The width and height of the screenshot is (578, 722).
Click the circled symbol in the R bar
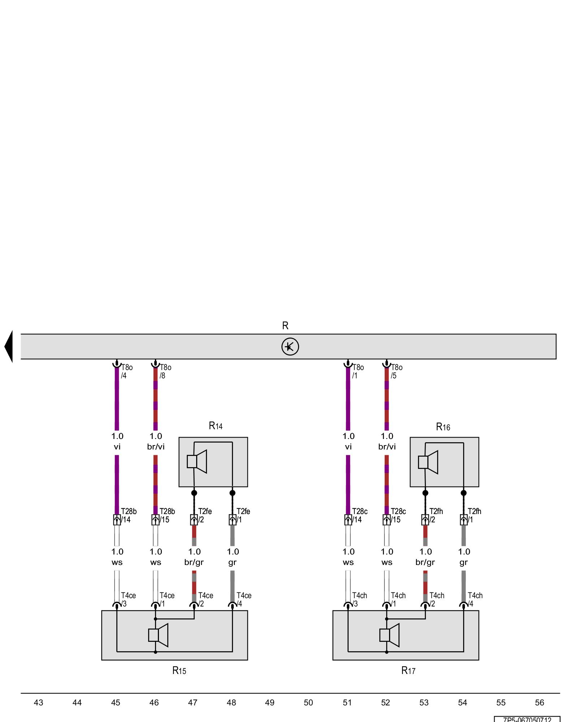click(290, 347)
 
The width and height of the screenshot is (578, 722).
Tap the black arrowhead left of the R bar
click(9, 347)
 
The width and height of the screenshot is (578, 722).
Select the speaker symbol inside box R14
click(197, 461)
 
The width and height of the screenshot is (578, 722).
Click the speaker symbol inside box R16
click(428, 462)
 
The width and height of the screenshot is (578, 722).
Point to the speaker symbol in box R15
click(158, 635)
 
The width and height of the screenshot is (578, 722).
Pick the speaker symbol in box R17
click(389, 635)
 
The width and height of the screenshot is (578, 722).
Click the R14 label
click(216, 426)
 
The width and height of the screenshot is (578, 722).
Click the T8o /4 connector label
click(126, 371)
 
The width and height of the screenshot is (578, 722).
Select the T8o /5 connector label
click(396, 371)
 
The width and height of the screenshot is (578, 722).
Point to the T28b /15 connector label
click(167, 516)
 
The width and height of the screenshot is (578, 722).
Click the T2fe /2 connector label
click(204, 516)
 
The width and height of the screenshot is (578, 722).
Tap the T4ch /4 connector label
click(475, 600)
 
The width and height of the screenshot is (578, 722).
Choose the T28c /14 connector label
click(359, 516)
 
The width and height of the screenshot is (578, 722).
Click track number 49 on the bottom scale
click(270, 703)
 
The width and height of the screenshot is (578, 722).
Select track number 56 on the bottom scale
click(539, 703)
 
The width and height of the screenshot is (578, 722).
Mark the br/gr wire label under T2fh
click(425, 562)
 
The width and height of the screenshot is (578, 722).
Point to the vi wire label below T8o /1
click(348, 447)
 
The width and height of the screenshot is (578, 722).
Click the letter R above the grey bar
click(285, 326)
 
